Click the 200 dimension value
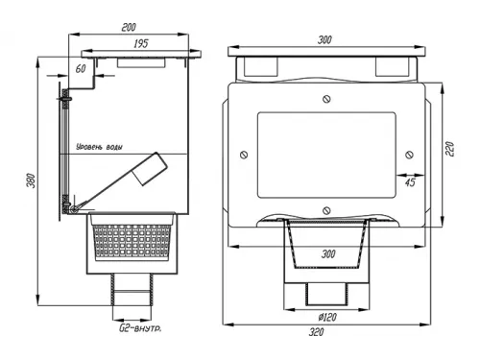coord(129,27)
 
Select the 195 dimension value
coord(141,43)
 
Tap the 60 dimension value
coord(81,68)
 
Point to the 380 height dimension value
coord(31,180)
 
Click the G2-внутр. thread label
coord(140,328)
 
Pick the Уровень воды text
coord(99,147)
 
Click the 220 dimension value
coord(449,149)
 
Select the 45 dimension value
coord(410,182)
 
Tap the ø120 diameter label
coord(327,317)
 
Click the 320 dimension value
coord(316,332)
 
